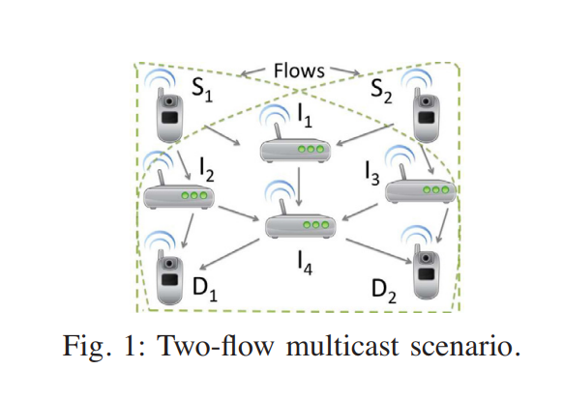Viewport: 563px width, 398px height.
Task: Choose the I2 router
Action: click(178, 186)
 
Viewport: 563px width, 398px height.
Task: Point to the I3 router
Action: click(420, 180)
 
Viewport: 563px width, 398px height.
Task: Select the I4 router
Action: click(300, 215)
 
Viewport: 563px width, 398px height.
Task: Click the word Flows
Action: click(299, 71)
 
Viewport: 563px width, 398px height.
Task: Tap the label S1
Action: click(202, 90)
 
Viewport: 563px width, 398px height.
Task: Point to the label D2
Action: click(383, 291)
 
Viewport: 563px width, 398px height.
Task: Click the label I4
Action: click(305, 263)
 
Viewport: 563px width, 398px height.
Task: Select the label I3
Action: click(372, 174)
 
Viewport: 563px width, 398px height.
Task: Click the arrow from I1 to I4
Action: click(299, 186)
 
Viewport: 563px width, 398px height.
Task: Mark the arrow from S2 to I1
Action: click(365, 135)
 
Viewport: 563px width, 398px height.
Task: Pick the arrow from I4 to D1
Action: click(229, 254)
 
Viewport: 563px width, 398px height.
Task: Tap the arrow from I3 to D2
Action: click(442, 225)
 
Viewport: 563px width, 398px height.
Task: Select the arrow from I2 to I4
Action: click(238, 213)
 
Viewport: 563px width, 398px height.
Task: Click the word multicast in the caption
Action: click(342, 346)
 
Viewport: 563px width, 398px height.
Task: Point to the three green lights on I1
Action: click(311, 149)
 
